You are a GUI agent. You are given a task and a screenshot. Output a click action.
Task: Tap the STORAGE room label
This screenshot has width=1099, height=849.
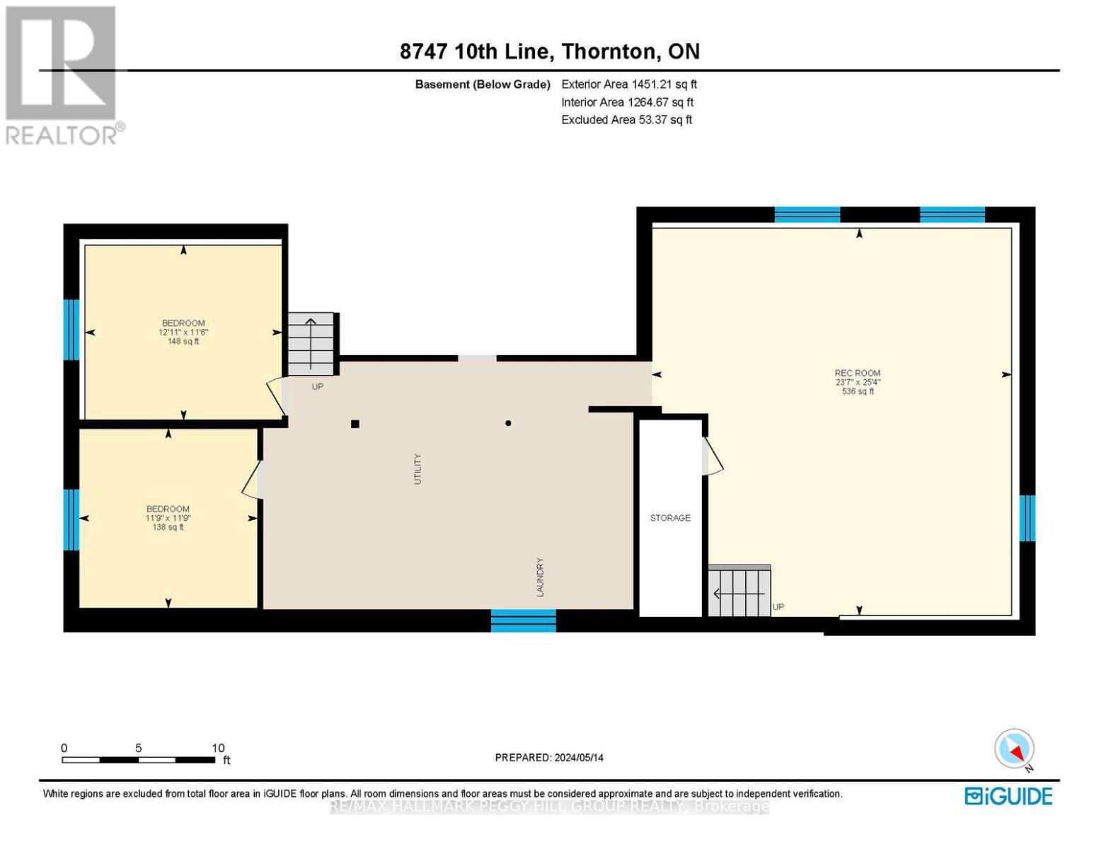click(670, 518)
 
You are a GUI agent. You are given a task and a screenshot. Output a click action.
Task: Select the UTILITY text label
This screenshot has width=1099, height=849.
click(418, 468)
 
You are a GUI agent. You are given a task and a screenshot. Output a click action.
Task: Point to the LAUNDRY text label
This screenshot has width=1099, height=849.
click(540, 577)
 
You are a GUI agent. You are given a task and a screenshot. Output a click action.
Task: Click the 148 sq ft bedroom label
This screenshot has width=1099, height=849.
click(183, 332)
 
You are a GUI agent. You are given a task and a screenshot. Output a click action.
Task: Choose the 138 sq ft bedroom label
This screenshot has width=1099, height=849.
click(168, 517)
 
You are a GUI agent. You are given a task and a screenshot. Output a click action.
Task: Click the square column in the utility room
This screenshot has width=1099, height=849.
click(355, 424)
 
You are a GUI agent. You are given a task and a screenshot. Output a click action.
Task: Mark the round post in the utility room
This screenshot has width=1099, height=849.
click(508, 423)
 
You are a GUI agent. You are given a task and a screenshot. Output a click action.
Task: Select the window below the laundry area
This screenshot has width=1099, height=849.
click(524, 620)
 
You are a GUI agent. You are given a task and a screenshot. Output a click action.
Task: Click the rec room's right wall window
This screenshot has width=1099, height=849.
click(1027, 518)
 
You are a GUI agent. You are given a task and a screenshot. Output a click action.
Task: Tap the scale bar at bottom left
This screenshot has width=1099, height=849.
click(139, 760)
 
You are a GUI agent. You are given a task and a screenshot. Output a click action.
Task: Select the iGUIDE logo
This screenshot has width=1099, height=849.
click(1008, 796)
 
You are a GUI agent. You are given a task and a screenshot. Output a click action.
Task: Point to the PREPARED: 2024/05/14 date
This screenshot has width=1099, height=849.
click(549, 758)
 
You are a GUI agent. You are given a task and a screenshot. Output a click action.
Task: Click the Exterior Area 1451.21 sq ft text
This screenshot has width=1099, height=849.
click(629, 84)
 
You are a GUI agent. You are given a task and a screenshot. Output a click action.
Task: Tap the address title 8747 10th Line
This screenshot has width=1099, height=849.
click(549, 52)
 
